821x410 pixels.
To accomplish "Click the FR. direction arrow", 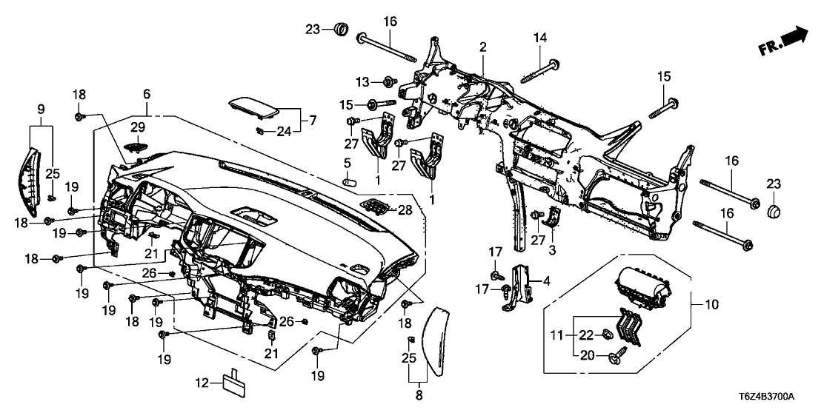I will (x=785, y=41).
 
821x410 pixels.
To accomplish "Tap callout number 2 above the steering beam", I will (x=482, y=47).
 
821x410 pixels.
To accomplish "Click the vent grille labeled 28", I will (x=376, y=204).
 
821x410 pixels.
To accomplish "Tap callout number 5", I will (x=346, y=162).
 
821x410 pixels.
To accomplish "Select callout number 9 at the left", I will (x=41, y=110).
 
